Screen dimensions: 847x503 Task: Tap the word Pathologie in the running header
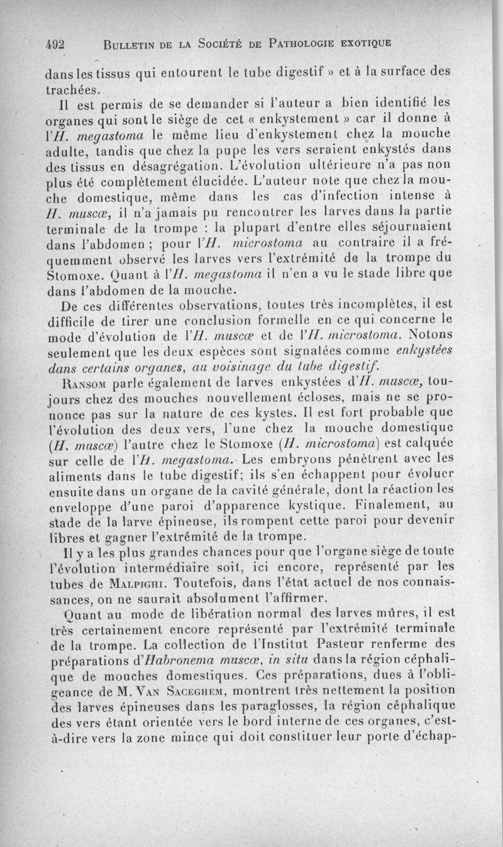click(x=304, y=43)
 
